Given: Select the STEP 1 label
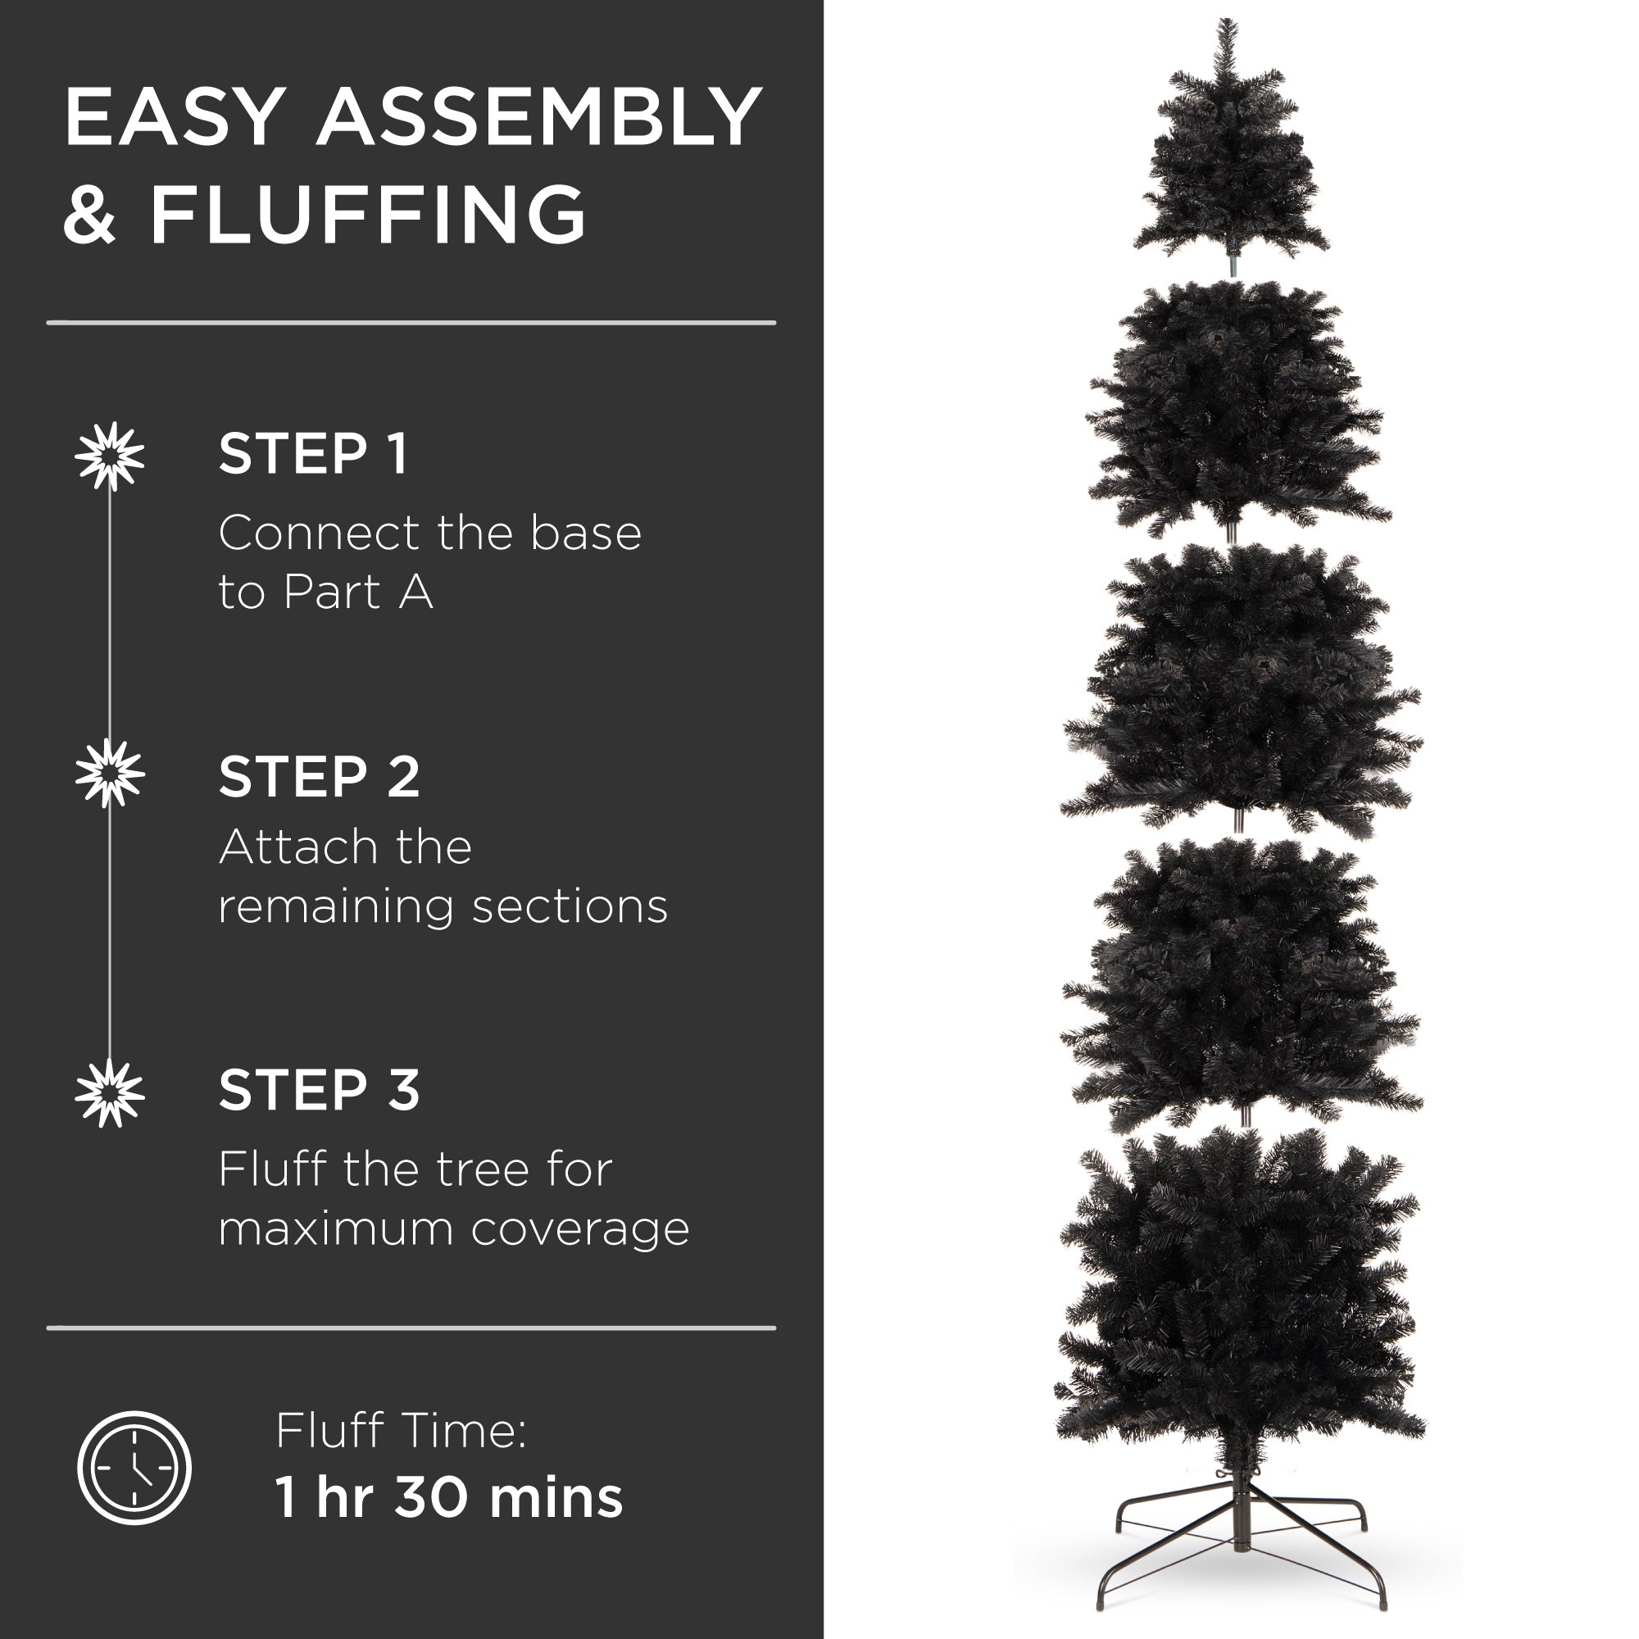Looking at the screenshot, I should pyautogui.click(x=313, y=454).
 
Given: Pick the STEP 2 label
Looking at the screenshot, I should pyautogui.click(x=319, y=776).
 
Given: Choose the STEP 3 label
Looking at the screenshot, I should pyautogui.click(x=319, y=1090).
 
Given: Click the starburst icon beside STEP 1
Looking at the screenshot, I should pyautogui.click(x=110, y=456).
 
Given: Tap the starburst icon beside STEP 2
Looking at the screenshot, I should pyautogui.click(x=110, y=773).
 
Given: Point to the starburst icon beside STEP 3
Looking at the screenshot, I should pyautogui.click(x=110, y=1092).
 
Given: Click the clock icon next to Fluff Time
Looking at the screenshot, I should pyautogui.click(x=134, y=1468).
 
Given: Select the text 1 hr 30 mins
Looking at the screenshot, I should pyautogui.click(x=449, y=1497).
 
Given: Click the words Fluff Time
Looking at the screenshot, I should pyautogui.click(x=401, y=1431).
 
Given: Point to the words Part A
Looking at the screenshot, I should pyautogui.click(x=358, y=592).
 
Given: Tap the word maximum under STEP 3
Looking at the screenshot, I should pyautogui.click(x=336, y=1229).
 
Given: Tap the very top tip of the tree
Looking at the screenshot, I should pyautogui.click(x=1225, y=24).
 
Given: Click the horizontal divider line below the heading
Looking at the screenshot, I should pyautogui.click(x=411, y=322).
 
